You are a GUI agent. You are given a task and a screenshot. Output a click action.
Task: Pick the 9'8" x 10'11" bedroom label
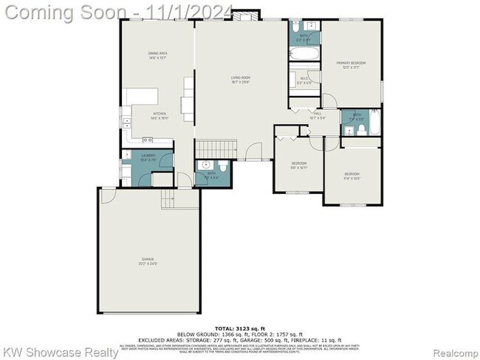pos(298,165)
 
